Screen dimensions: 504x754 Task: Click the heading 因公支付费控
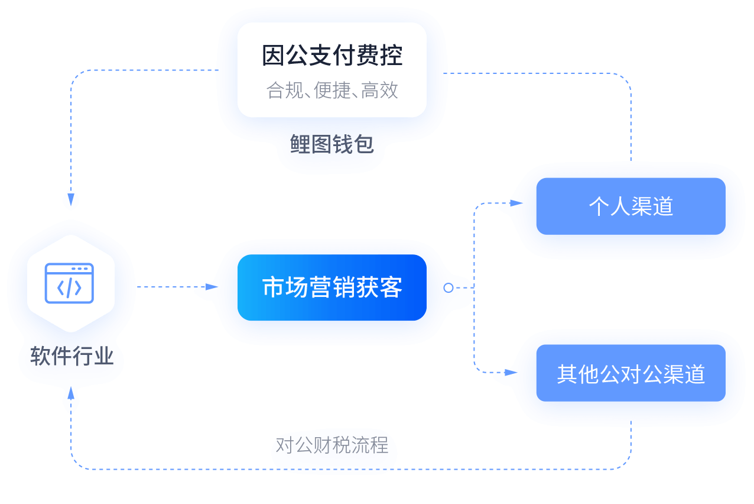(332, 56)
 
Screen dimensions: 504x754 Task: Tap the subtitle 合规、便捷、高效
(332, 91)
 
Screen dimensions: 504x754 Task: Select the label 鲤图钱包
(332, 144)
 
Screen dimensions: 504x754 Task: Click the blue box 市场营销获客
(332, 287)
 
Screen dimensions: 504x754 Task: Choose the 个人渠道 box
(630, 206)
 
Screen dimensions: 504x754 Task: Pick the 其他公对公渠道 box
(630, 374)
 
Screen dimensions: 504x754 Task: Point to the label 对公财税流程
(333, 445)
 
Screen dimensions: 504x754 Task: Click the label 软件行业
(71, 357)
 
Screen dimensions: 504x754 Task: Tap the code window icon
(70, 283)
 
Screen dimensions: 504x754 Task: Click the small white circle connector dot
(448, 287)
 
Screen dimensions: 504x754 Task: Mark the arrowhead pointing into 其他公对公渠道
(506, 373)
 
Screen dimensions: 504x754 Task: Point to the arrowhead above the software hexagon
(71, 197)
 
